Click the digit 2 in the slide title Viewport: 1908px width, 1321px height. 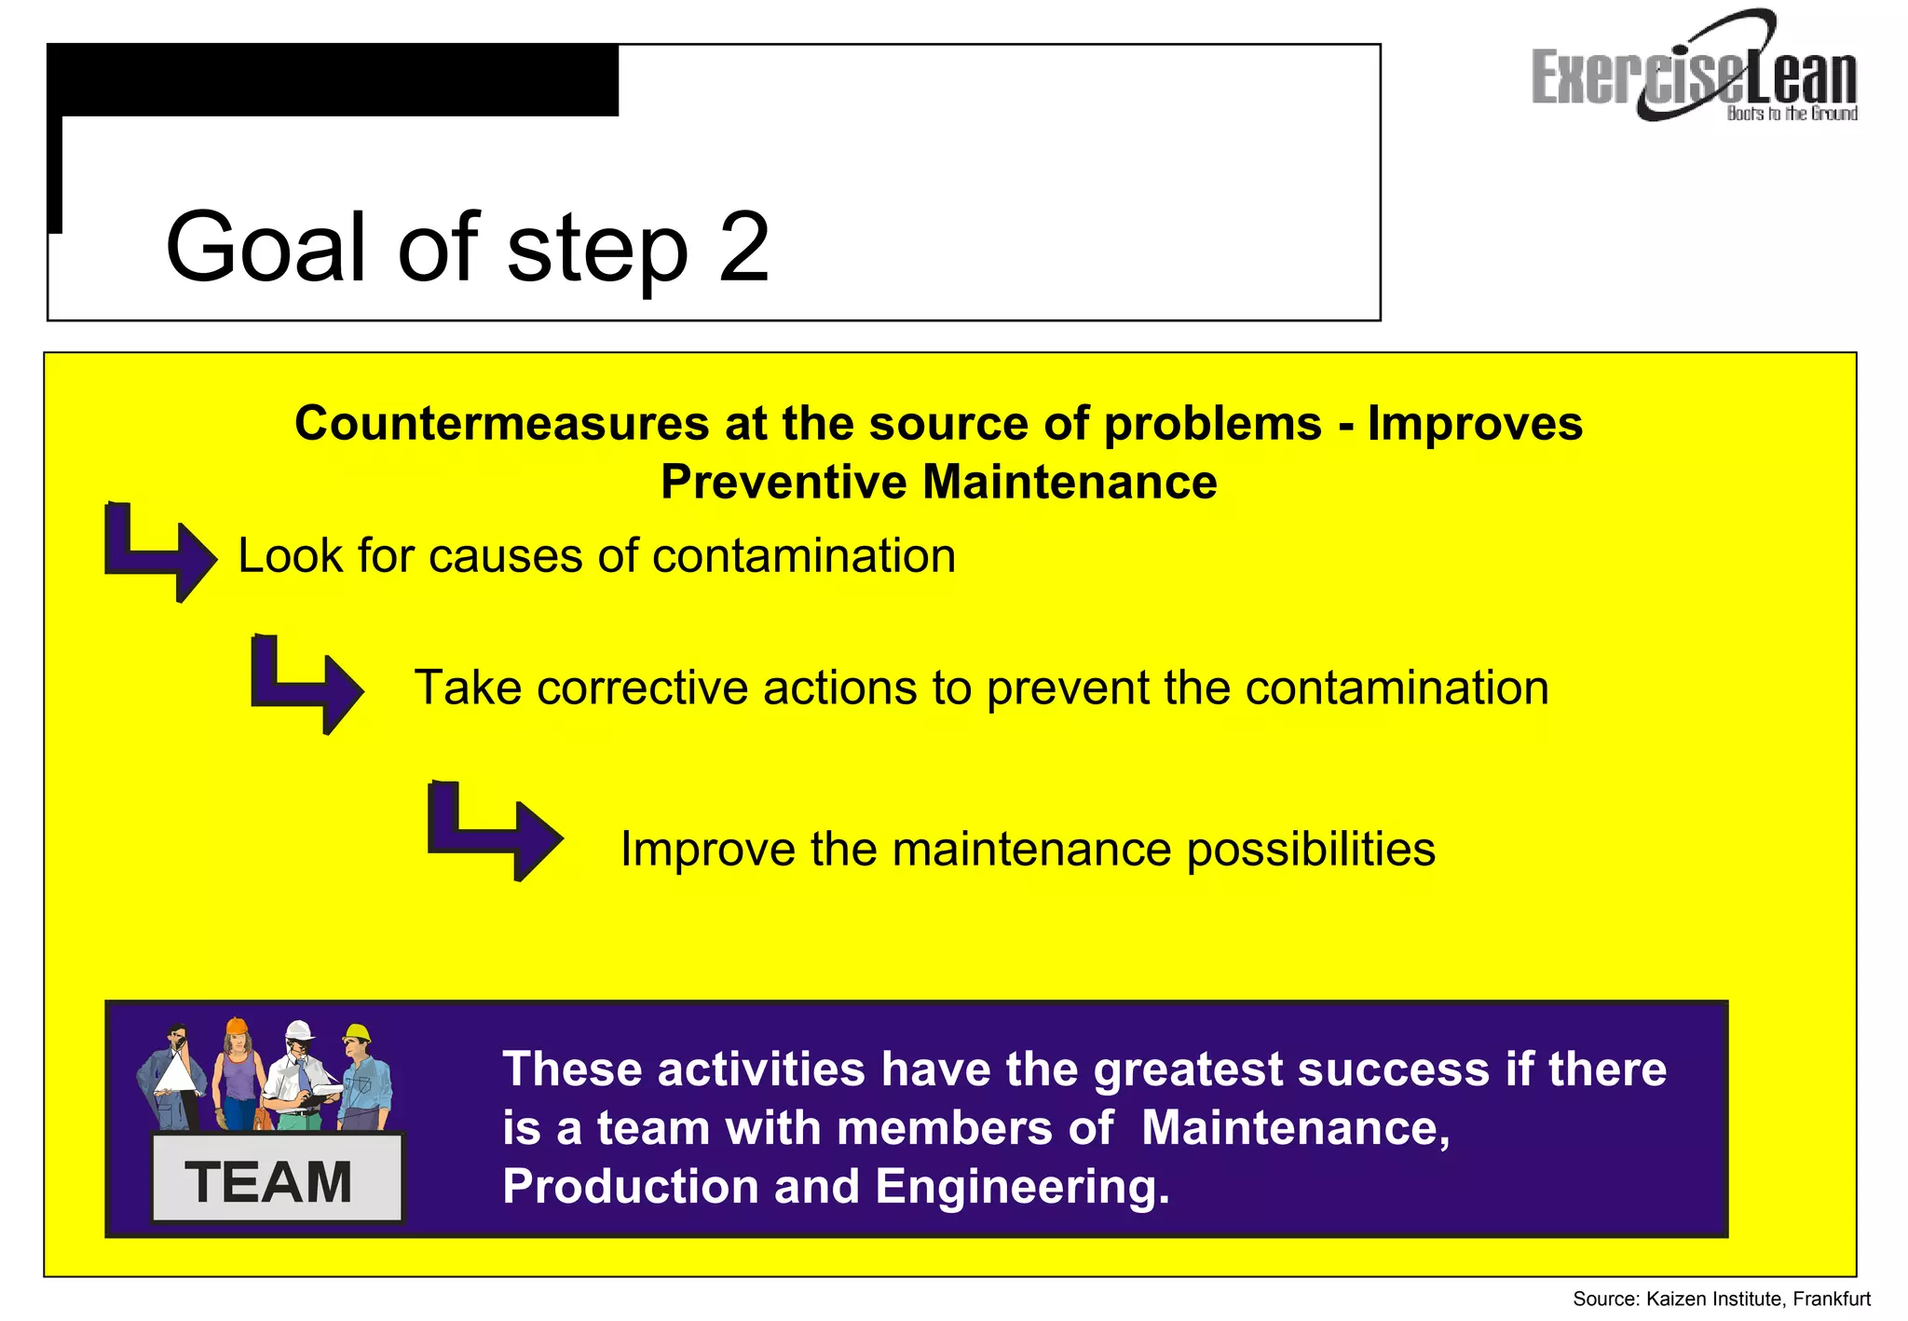[743, 248]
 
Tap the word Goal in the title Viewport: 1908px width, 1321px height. [270, 248]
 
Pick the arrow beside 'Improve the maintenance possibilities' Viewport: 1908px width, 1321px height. [494, 831]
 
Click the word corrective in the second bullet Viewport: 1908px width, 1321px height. [642, 688]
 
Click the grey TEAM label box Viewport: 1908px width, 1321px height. [276, 1180]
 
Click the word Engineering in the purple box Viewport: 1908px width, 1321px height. [1021, 1187]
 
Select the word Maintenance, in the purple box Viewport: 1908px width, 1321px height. [1295, 1128]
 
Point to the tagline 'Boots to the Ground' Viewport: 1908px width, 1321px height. [1792, 114]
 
